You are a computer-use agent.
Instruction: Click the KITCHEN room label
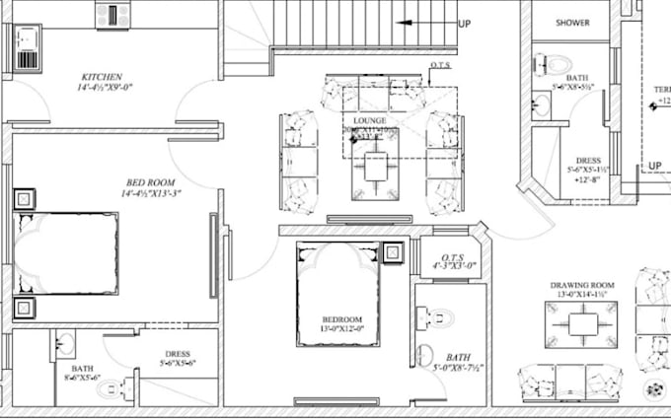pos(103,76)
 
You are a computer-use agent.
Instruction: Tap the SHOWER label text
pos(572,22)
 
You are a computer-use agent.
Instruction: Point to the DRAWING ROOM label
pos(582,286)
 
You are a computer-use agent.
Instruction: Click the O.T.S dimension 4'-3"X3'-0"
pos(455,266)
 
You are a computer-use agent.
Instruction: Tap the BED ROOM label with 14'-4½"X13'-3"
pos(152,181)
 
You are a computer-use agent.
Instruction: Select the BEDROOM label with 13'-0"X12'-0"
pos(341,319)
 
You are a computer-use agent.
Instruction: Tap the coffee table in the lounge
pos(375,168)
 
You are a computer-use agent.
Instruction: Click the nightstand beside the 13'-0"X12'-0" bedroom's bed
pos(393,251)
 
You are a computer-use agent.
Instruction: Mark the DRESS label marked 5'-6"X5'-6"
pos(178,356)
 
